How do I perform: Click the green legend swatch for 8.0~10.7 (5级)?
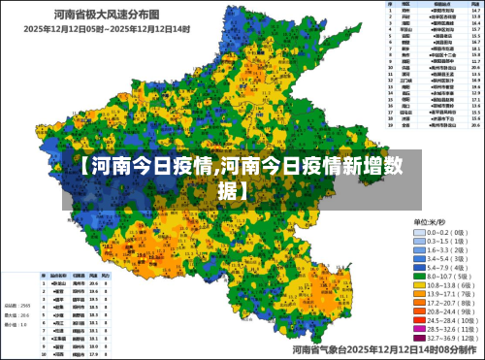tap(419, 277)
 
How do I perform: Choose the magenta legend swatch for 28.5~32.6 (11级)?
tap(419, 330)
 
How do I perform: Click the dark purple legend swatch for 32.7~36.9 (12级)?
tap(419, 339)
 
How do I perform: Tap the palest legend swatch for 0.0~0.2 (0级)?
tap(419, 233)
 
